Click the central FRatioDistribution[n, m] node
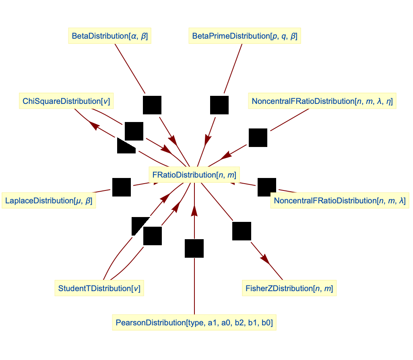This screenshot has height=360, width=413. pyautogui.click(x=194, y=175)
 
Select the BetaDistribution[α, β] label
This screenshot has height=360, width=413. pyautogui.click(x=109, y=36)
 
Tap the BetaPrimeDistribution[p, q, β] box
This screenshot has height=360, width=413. pyautogui.click(x=245, y=36)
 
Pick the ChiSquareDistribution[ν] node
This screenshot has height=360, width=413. pyautogui.click(x=66, y=101)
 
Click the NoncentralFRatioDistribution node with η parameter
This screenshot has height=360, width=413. pyautogui.click(x=322, y=101)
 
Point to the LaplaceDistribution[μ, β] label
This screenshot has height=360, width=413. pyautogui.click(x=49, y=200)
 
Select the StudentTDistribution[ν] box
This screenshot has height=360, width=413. pyautogui.click(x=99, y=288)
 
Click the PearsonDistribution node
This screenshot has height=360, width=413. pyautogui.click(x=194, y=323)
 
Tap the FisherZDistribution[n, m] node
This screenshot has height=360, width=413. pyautogui.click(x=289, y=288)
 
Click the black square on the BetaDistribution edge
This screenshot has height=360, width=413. pyautogui.click(x=152, y=105)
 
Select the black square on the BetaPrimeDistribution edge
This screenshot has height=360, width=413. pyautogui.click(x=219, y=105)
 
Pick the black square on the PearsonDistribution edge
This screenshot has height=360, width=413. pyautogui.click(x=194, y=248)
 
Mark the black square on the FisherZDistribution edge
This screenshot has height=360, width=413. pyautogui.click(x=242, y=231)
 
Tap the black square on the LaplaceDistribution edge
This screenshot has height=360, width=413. pyautogui.click(x=121, y=187)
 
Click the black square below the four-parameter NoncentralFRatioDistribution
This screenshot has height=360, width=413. pyautogui.click(x=258, y=138)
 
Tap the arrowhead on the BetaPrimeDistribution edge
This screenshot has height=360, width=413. pyautogui.click(x=208, y=140)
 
